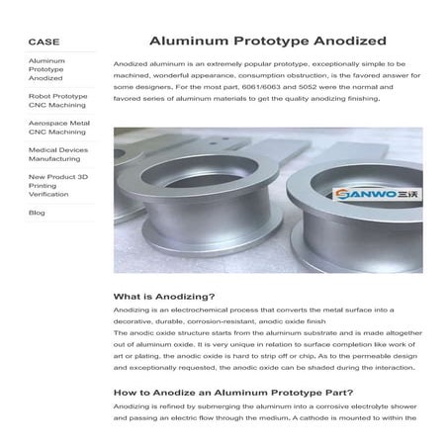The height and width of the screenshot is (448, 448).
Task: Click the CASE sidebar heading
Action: (44, 42)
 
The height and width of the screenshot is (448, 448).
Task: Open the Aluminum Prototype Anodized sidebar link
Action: (46, 69)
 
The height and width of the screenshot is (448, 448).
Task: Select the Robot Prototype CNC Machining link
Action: (57, 101)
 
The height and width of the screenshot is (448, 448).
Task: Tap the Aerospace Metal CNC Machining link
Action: (58, 128)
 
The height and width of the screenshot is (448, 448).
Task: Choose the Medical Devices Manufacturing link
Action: (55, 154)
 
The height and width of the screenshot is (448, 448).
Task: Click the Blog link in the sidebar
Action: (37, 213)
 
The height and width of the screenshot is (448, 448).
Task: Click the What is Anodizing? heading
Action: (164, 297)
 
